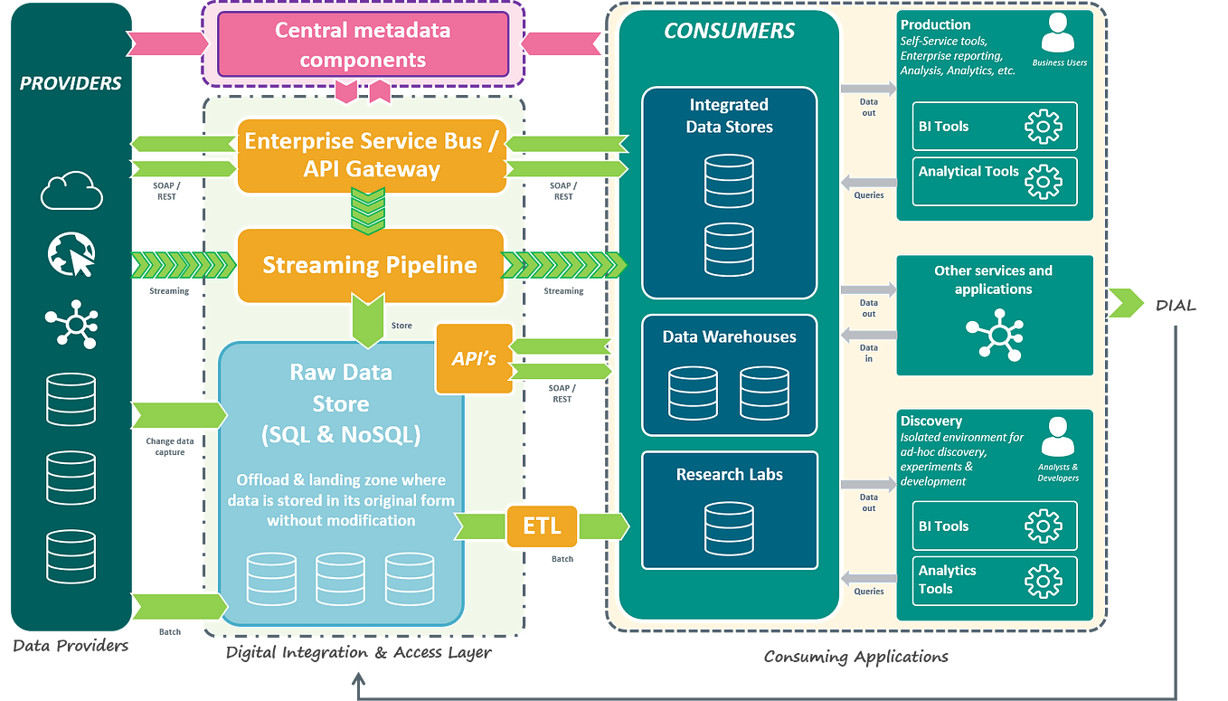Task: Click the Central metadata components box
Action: coord(363,45)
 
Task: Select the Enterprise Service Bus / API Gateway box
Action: coord(371,155)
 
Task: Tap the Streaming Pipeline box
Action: coord(370,265)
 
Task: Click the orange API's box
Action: coord(474,358)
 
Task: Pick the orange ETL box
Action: coord(542,526)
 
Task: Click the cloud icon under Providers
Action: coord(71,190)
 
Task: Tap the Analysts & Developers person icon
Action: coord(1058,437)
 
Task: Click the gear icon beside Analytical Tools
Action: coord(1043,181)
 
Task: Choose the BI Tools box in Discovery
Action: coord(995,526)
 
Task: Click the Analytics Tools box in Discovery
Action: coord(995,580)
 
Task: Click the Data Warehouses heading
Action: coord(729,336)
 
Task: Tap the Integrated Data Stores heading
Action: coord(729,116)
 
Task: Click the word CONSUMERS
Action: coord(729,31)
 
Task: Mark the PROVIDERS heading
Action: coord(71,83)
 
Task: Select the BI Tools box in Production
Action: coord(995,127)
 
